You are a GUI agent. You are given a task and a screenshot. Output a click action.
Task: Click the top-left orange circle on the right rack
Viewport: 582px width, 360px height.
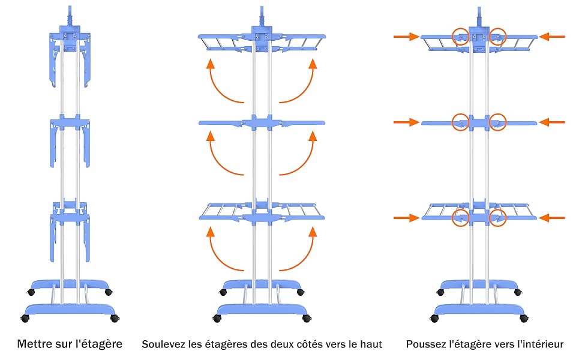(x=461, y=37)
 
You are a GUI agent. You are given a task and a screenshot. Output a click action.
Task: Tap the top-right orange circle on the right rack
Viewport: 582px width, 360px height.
(x=497, y=37)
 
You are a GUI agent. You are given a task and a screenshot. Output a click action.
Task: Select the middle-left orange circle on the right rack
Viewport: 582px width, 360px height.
(x=461, y=122)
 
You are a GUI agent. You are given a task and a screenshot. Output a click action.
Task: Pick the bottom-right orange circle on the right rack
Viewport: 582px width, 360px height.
(x=498, y=218)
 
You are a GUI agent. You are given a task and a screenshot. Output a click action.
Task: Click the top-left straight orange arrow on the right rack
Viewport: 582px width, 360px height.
(x=406, y=37)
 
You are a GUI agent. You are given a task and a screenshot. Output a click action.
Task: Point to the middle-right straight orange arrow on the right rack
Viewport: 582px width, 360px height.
(x=552, y=122)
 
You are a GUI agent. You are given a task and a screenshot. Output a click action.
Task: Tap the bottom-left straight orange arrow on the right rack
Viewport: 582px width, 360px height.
(x=406, y=218)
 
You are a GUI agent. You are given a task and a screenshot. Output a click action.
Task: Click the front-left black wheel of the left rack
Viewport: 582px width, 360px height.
(x=25, y=317)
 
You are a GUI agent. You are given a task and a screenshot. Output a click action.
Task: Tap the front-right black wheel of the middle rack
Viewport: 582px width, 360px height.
(x=308, y=317)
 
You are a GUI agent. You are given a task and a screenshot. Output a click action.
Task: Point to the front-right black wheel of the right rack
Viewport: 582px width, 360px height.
(x=524, y=317)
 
